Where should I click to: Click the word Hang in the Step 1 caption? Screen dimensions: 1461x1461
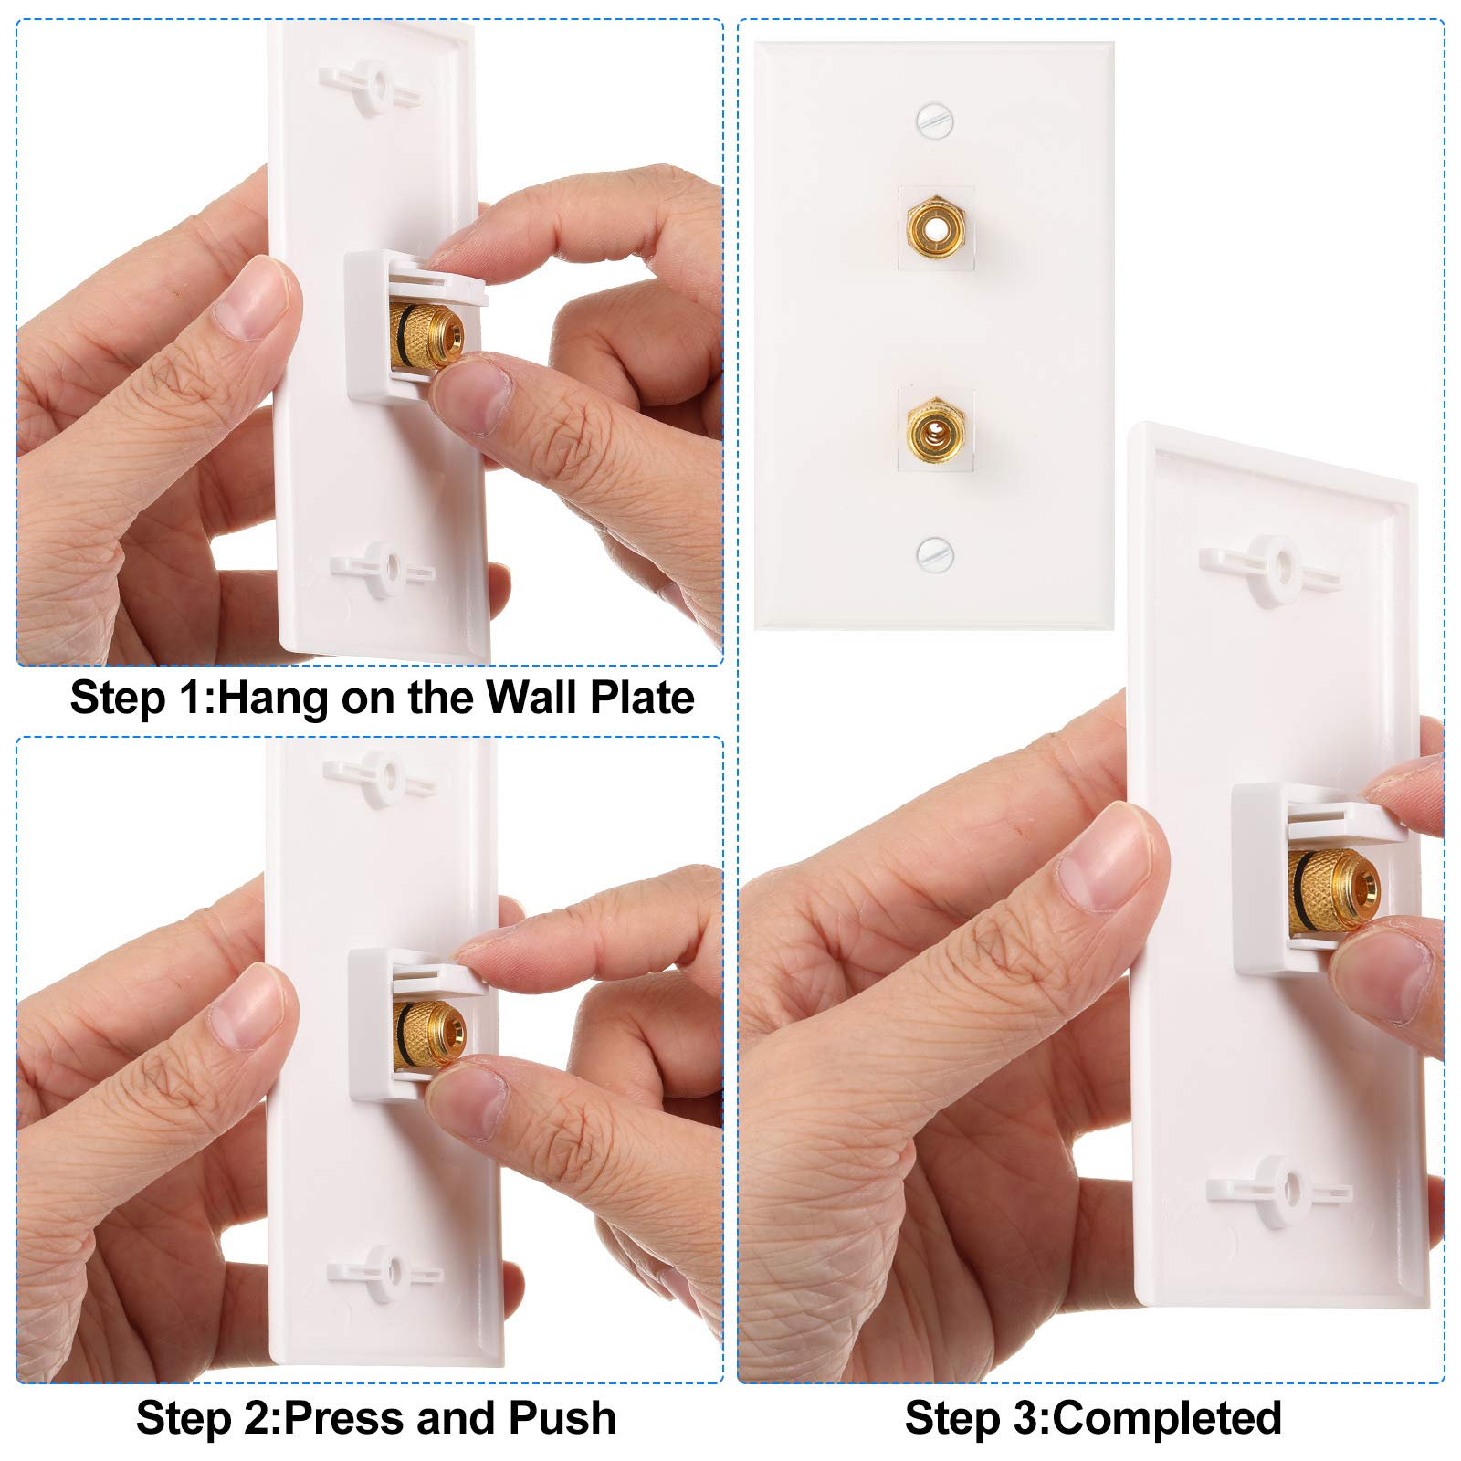tap(273, 699)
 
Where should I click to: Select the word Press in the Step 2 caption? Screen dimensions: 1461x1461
tap(344, 1418)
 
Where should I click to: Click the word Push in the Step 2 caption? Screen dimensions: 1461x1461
tap(562, 1418)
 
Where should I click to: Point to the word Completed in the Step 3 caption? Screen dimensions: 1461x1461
tap(1167, 1418)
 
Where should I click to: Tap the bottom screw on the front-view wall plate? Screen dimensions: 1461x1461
tap(934, 553)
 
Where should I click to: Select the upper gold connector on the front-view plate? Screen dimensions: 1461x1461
tap(935, 226)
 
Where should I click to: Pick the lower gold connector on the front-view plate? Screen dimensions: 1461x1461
tap(935, 431)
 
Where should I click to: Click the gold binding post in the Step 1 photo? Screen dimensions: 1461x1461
tap(426, 336)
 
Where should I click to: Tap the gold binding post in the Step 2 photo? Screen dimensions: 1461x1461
tap(429, 1035)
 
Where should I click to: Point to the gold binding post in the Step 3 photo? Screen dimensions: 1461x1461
tap(1333, 890)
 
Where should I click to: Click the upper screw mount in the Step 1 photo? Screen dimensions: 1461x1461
tap(371, 88)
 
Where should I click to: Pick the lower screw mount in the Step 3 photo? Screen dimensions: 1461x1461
tap(1278, 1191)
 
